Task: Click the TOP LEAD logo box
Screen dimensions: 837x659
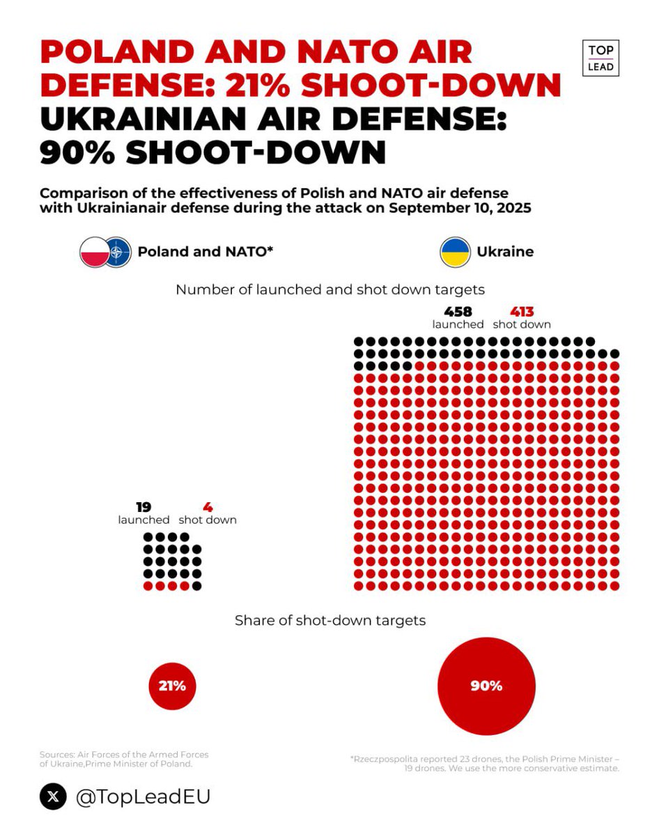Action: click(x=600, y=58)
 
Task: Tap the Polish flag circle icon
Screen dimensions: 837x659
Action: click(x=95, y=252)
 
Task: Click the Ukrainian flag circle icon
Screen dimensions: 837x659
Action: click(x=455, y=252)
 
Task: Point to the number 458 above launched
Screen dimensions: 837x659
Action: click(x=458, y=312)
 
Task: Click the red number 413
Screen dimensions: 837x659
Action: click(x=522, y=312)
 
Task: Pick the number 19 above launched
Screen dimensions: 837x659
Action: click(x=144, y=507)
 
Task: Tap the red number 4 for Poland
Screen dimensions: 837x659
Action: click(x=208, y=507)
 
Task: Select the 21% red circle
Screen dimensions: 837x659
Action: click(x=172, y=686)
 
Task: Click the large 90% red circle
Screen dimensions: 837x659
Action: click(x=486, y=686)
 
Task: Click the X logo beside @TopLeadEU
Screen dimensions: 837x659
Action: click(x=53, y=797)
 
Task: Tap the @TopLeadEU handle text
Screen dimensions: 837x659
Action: click(x=142, y=797)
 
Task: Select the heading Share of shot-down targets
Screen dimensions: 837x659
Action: click(x=329, y=620)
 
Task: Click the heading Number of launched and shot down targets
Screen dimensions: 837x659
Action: click(x=329, y=289)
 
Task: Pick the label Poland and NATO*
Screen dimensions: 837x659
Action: click(x=204, y=252)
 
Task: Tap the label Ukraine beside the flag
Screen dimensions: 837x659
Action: click(x=505, y=252)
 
